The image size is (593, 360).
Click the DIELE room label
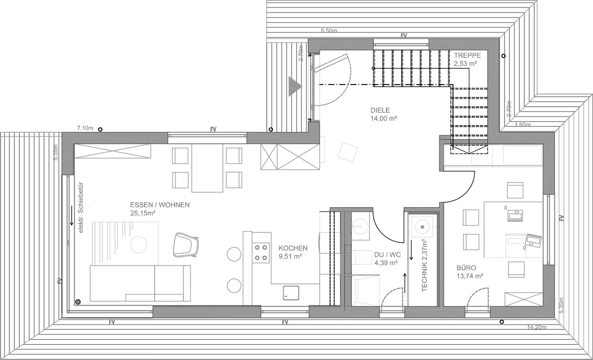click(380, 110)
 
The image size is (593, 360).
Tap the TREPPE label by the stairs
click(467, 55)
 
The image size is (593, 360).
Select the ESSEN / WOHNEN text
click(160, 205)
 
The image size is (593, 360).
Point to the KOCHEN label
click(293, 248)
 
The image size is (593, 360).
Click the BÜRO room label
click(466, 268)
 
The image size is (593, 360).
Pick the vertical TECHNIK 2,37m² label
click(424, 265)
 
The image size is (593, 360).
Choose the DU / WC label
click(387, 255)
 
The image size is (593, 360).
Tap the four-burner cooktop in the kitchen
click(261, 253)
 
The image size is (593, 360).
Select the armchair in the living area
click(185, 245)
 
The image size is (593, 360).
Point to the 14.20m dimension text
click(536, 327)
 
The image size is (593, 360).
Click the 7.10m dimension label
click(85, 128)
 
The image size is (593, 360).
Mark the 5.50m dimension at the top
click(329, 31)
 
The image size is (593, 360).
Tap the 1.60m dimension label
click(523, 125)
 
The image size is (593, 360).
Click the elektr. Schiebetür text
click(81, 208)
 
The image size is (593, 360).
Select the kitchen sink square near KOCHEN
click(291, 293)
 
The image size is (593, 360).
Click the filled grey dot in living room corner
click(78, 302)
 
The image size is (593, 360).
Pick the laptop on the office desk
click(533, 240)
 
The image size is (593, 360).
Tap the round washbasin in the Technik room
click(422, 227)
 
